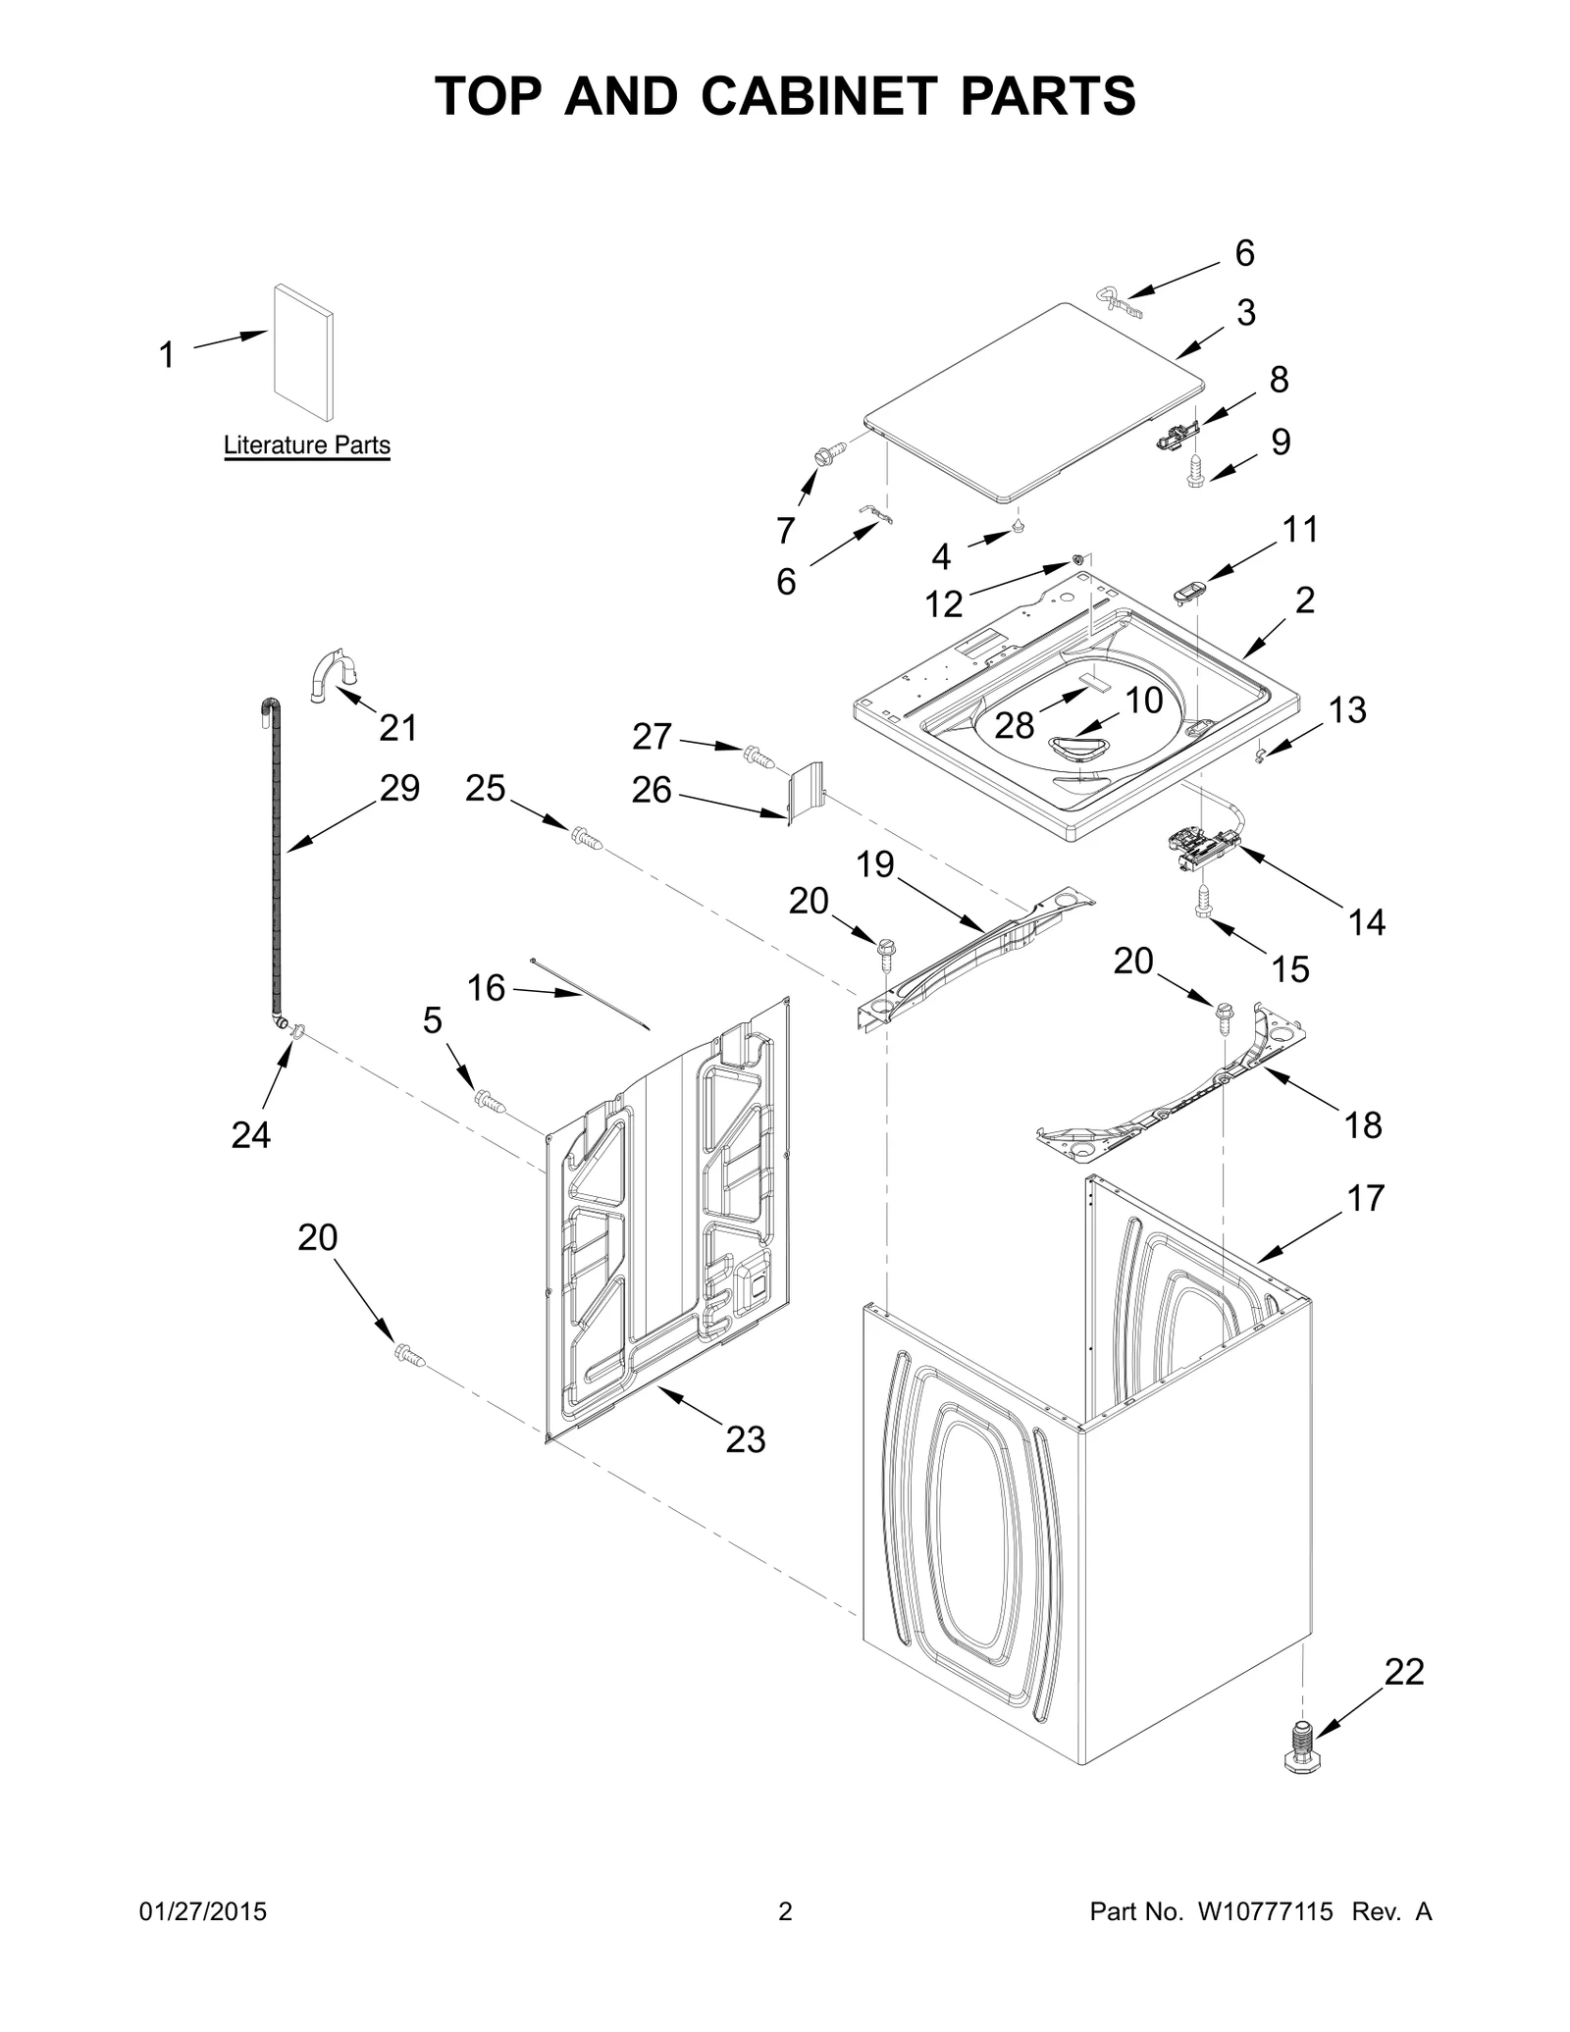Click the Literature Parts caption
(x=306, y=445)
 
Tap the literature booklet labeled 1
(x=302, y=351)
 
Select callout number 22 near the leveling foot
(x=1403, y=1671)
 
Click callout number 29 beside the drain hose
(x=399, y=788)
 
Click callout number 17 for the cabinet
(x=1365, y=1198)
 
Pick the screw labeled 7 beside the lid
(x=824, y=455)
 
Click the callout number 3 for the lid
(x=1245, y=313)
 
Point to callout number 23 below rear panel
(x=745, y=1439)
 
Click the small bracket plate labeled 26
(x=805, y=793)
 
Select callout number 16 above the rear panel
(x=486, y=988)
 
